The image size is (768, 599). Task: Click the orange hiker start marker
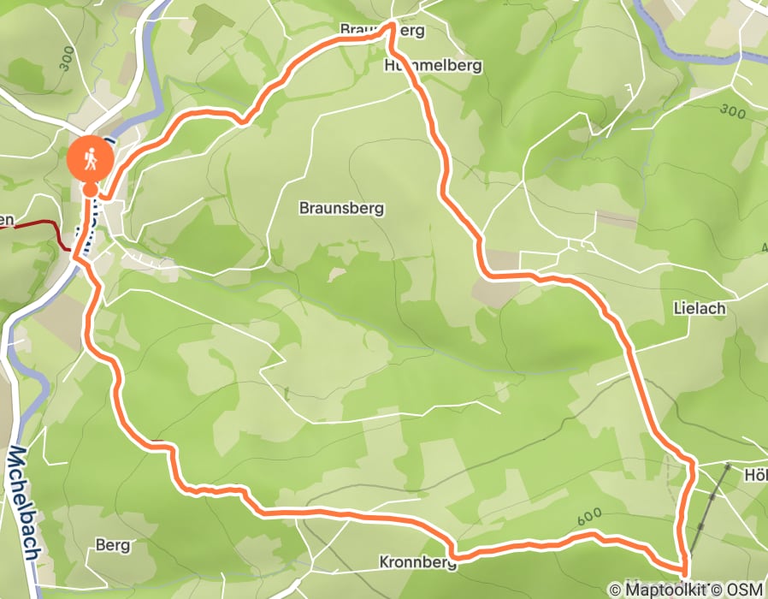(x=89, y=157)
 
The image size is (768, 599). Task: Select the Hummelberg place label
(x=434, y=65)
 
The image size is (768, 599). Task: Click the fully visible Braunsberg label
(x=341, y=207)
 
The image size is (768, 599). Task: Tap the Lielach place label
(x=700, y=308)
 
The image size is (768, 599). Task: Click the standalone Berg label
(x=112, y=544)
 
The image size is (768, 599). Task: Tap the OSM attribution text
(x=745, y=589)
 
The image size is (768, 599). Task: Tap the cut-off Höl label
(x=755, y=473)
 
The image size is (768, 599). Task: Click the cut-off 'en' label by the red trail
(x=7, y=221)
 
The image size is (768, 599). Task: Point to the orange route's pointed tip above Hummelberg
(x=392, y=26)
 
